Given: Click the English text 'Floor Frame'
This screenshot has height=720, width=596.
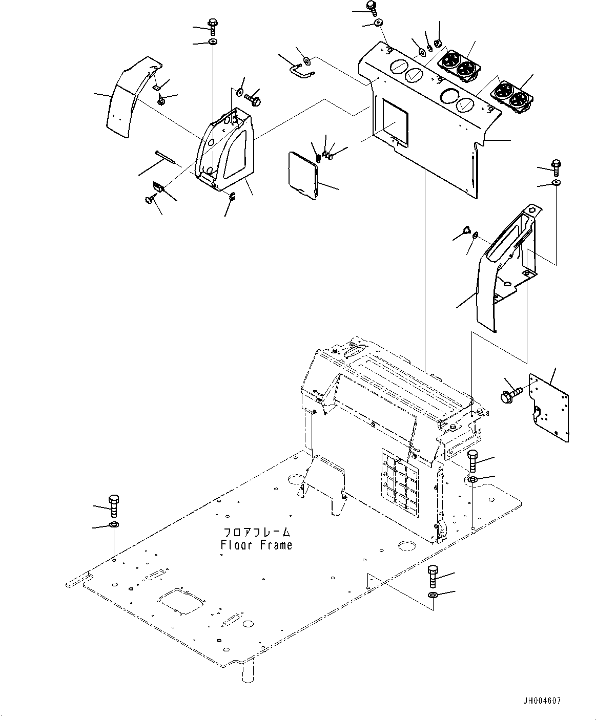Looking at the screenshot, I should [256, 545].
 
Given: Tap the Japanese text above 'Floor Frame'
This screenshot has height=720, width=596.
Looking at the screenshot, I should [256, 533].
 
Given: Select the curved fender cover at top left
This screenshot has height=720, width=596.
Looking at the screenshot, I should [128, 100].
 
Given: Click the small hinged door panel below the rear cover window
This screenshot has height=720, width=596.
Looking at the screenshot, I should [303, 174].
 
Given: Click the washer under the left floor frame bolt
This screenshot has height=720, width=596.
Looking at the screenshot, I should [114, 525].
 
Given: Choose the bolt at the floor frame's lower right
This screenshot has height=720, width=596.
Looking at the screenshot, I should [433, 577].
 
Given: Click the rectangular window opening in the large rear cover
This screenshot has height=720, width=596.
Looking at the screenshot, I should [395, 121].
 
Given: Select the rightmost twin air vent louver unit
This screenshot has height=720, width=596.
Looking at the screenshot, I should [514, 96].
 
